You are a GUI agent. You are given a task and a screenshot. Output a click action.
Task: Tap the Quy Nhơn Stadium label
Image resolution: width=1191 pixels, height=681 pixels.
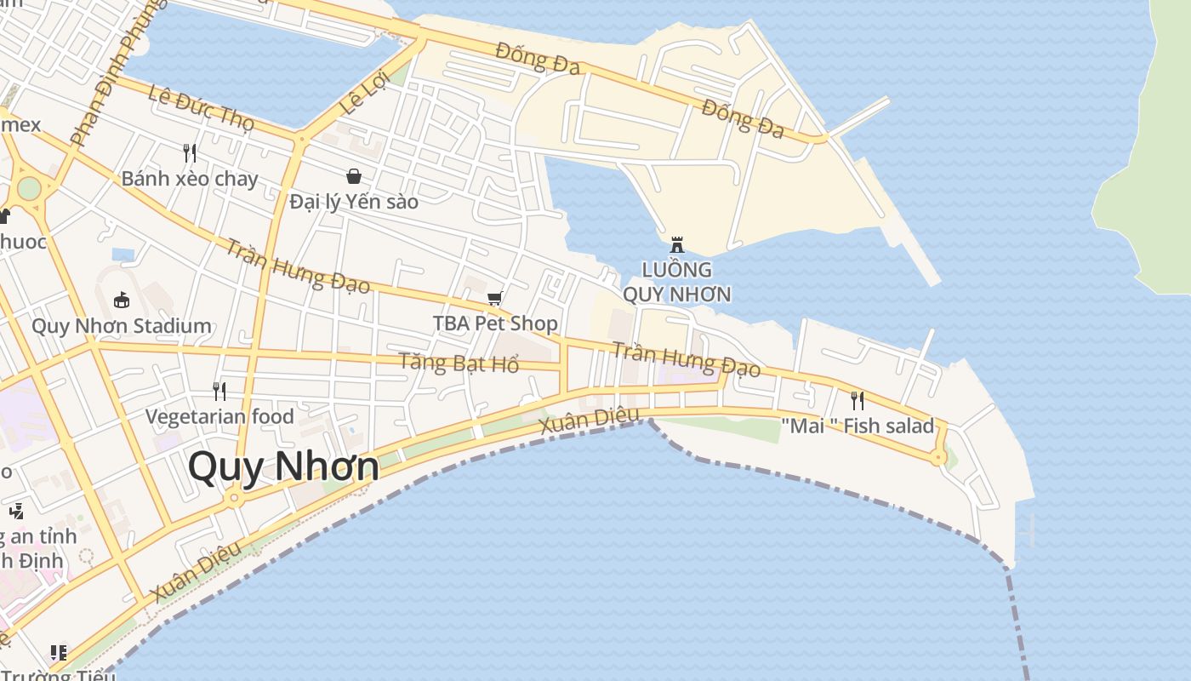point(122,326)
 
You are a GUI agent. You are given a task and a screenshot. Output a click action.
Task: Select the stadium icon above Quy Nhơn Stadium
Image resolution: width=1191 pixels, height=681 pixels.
point(122,300)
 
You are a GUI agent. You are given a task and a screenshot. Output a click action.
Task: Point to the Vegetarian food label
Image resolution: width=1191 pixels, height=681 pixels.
point(219,416)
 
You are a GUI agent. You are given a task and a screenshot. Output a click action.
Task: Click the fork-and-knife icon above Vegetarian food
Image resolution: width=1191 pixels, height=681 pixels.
point(219,391)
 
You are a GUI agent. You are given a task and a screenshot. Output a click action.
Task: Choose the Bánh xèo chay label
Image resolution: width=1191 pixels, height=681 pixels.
point(189,179)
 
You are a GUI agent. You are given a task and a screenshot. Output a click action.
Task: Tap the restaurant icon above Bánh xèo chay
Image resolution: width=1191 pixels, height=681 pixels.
point(190,153)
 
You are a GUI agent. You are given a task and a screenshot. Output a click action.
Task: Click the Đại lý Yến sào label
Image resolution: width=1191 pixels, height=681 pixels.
point(354,202)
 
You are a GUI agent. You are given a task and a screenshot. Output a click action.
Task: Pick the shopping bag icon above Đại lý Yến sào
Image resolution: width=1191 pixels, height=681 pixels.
point(354,176)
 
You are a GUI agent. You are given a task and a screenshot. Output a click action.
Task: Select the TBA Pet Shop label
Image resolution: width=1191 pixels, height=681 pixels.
point(495,323)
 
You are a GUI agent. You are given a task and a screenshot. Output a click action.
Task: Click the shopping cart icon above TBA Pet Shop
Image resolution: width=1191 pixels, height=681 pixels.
point(495,298)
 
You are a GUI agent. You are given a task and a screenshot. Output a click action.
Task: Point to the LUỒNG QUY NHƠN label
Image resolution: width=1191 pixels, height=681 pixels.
point(677,282)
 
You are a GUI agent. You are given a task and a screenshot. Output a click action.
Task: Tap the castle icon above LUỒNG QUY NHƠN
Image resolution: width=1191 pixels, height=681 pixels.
point(677,244)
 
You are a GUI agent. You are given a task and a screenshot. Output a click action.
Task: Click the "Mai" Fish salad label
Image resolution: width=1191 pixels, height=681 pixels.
point(858,426)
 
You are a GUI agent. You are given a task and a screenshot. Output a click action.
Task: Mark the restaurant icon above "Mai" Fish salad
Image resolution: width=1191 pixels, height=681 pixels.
point(858,400)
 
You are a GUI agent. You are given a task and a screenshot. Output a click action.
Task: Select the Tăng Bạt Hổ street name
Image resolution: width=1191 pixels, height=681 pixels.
point(459,363)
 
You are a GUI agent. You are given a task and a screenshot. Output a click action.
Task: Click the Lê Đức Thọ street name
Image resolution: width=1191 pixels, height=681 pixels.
point(201,108)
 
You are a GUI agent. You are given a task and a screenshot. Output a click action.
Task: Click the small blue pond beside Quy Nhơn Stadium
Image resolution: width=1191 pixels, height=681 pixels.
point(123,255)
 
